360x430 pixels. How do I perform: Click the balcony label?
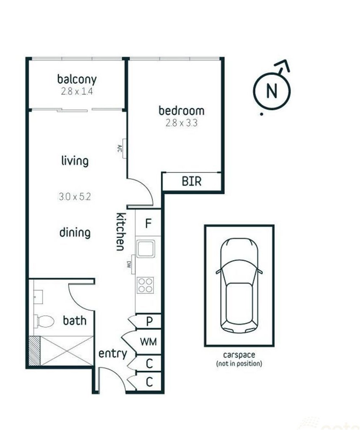tap(77, 79)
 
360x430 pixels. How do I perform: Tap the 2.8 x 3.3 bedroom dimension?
tap(182, 123)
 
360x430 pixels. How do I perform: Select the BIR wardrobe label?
tap(191, 181)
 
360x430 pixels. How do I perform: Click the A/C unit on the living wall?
tap(124, 148)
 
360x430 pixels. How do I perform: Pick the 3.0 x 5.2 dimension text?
tap(75, 196)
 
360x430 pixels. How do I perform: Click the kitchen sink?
tap(146, 248)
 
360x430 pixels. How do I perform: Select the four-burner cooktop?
tap(146, 285)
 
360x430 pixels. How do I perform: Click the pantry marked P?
tap(149, 321)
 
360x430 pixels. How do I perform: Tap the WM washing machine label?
tap(148, 342)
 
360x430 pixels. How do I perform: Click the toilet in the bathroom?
tap(44, 321)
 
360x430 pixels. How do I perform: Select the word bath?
tap(75, 320)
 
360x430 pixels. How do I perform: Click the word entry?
tap(113, 354)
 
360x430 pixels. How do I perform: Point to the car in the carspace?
tap(239, 285)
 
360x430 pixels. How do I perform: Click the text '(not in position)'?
tap(239, 363)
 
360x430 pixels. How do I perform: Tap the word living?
tap(75, 161)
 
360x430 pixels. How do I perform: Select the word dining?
tap(75, 233)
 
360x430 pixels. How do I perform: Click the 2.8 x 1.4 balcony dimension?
tap(77, 91)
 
